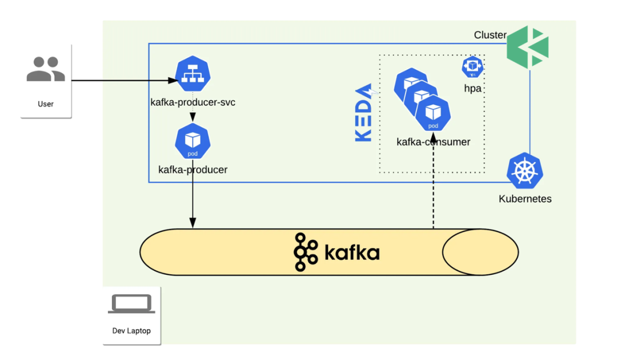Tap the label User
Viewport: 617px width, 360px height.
pos(46,104)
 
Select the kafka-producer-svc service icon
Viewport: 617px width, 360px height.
pos(193,74)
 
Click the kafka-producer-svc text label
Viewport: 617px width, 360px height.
pos(193,102)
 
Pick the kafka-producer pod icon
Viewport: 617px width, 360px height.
pos(193,141)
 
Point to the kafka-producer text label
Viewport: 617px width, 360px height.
pos(193,170)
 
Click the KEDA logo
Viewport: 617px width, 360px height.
pos(364,112)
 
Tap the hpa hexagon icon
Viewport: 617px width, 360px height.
pos(472,67)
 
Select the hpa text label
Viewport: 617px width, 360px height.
pos(472,89)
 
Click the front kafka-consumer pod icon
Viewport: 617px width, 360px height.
pos(433,113)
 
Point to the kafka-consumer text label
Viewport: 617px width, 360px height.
pos(433,142)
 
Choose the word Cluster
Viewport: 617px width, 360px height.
pos(490,35)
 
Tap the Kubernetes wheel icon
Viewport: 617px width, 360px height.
pos(525,171)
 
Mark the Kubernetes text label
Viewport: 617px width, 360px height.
pos(525,199)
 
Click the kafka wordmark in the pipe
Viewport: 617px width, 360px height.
pos(337,252)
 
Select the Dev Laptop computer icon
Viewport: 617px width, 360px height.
pos(131,304)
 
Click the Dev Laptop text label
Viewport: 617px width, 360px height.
pos(131,331)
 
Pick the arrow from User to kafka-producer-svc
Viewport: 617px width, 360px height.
pos(125,81)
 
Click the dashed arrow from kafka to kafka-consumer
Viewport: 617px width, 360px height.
pos(433,181)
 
